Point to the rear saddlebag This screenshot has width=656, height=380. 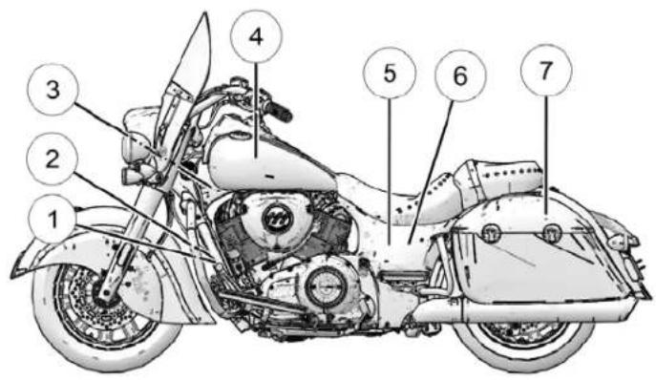(540, 258)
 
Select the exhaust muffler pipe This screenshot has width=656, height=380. (535, 309)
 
